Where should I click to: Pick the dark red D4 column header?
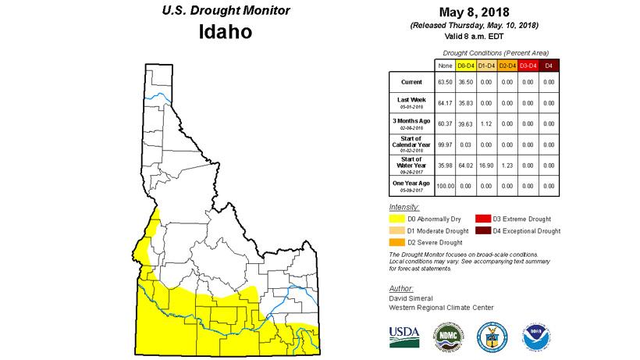pos(549,65)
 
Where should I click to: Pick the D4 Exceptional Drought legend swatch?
pos(481,231)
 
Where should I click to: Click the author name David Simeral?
pos(411,298)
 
